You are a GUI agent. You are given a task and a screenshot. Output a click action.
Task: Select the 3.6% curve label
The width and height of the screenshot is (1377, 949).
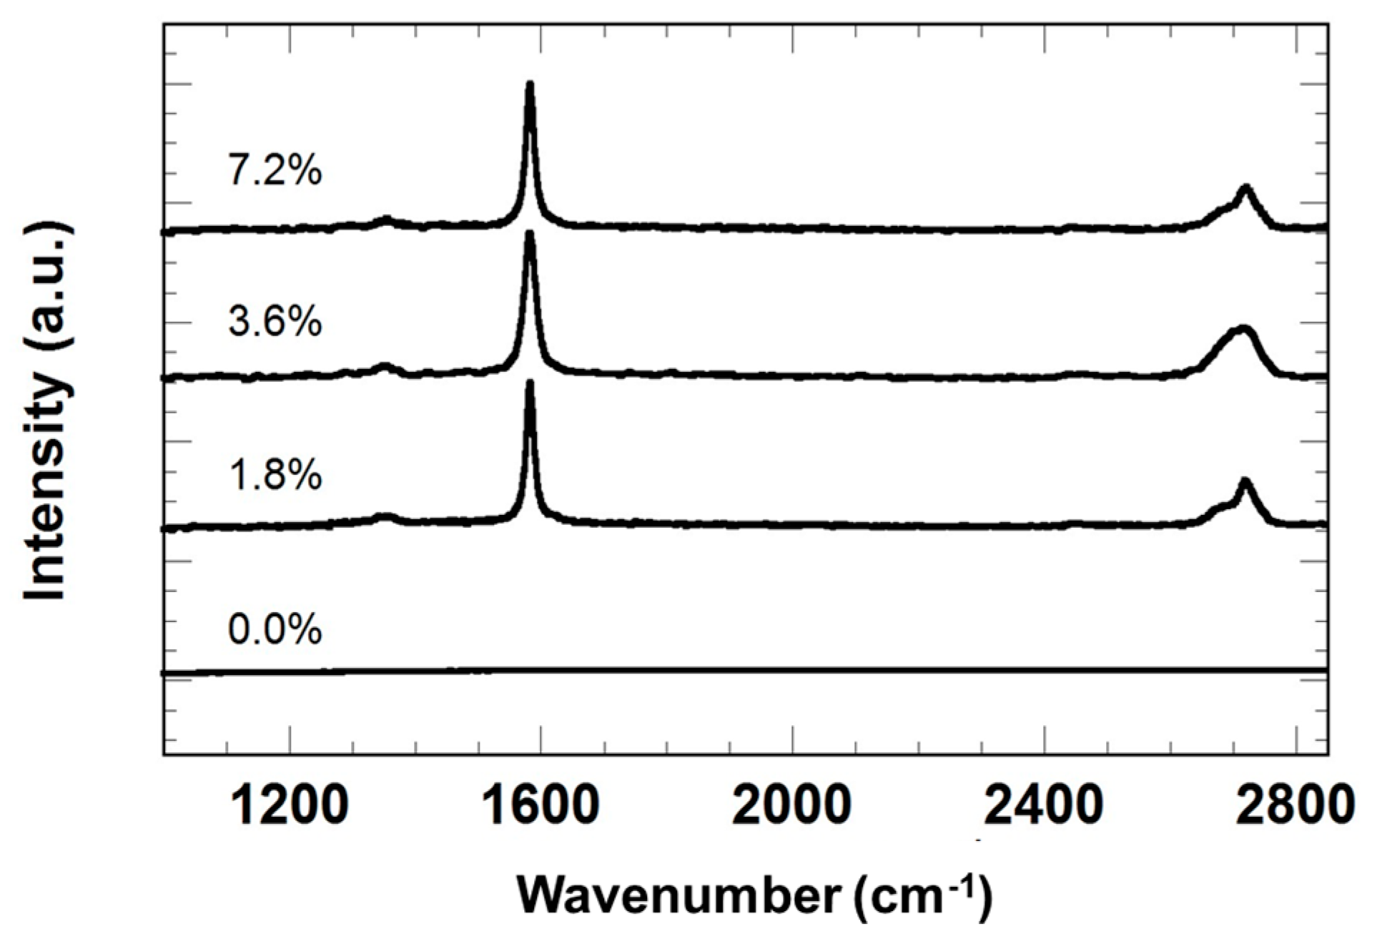point(275,321)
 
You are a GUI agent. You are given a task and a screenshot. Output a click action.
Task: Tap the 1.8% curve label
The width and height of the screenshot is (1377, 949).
point(275,475)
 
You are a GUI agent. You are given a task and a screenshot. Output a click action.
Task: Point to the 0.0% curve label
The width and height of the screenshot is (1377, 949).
point(275,629)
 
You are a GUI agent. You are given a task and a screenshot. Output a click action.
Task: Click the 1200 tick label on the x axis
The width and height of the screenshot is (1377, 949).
point(290,805)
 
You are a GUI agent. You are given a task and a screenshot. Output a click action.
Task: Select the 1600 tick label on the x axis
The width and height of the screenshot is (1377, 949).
point(541,805)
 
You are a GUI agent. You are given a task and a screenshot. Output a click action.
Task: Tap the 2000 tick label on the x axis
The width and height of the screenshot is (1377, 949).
point(792,805)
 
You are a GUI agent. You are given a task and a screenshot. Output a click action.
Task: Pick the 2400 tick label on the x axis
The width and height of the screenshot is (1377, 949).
point(1044,805)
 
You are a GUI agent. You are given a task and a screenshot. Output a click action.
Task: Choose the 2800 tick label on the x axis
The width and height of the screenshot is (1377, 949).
point(1295,805)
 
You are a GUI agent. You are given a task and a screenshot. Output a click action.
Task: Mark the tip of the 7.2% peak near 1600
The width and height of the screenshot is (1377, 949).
point(530,85)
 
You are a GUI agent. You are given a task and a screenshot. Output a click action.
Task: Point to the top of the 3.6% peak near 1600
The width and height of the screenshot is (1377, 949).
point(530,235)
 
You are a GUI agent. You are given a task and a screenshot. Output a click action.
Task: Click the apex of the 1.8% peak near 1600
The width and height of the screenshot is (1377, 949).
point(530,384)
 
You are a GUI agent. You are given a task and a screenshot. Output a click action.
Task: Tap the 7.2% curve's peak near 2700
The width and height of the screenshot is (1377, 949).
point(1245,189)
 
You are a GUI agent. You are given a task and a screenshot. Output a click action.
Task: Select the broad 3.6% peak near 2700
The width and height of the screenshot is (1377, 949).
point(1240,330)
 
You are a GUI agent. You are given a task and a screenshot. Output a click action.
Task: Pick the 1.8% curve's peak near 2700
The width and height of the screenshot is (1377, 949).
point(1245,482)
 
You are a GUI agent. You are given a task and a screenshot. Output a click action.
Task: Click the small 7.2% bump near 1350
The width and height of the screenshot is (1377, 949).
point(386,219)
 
